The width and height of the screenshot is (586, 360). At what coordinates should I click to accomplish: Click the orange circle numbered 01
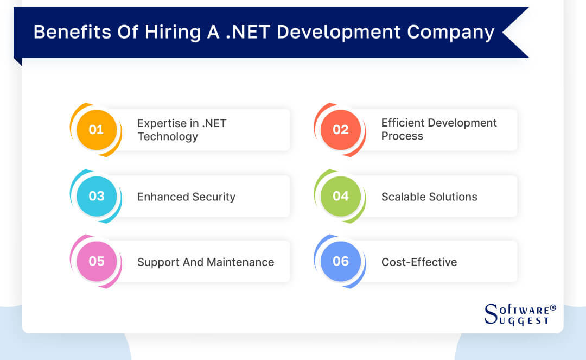click(97, 130)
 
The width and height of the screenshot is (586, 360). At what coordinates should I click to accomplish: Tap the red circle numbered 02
click(340, 130)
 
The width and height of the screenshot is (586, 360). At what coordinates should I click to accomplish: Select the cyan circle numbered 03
click(97, 196)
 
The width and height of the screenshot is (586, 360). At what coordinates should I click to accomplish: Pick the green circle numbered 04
click(340, 196)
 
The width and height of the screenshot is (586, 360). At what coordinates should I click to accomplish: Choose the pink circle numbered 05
click(97, 261)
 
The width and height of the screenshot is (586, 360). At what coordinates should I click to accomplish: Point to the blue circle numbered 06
click(340, 261)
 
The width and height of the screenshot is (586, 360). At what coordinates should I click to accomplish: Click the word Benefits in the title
click(73, 32)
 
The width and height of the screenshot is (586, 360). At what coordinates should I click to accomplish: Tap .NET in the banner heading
click(248, 32)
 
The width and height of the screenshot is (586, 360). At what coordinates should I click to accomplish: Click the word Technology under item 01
click(168, 137)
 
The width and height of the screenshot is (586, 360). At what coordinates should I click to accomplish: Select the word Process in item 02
click(402, 136)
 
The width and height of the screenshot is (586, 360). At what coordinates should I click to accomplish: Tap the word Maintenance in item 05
click(240, 262)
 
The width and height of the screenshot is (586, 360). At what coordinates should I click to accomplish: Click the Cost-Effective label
click(419, 262)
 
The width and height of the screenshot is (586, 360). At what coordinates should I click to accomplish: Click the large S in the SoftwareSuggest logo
click(491, 314)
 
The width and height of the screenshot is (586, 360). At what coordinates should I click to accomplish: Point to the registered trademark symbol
click(553, 308)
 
